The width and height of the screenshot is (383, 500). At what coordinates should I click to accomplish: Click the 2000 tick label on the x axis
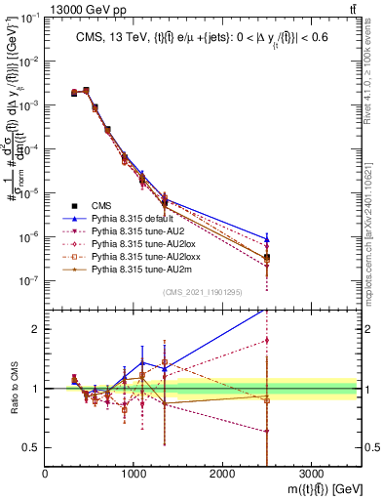click(x=222, y=472)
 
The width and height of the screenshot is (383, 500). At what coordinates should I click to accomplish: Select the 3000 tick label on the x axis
click(x=311, y=472)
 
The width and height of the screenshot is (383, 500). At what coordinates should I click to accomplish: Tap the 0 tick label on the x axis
click(x=45, y=472)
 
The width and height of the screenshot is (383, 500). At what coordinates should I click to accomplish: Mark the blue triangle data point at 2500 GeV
click(x=267, y=238)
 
